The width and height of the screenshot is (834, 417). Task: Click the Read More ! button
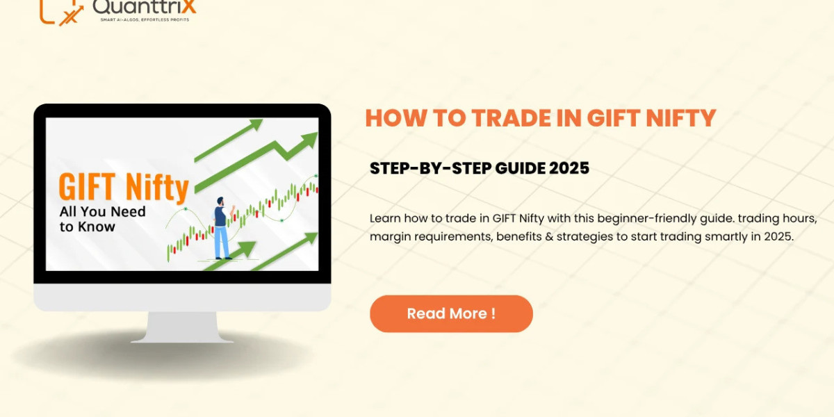[451, 313]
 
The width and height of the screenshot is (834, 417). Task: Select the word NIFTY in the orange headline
[684, 118]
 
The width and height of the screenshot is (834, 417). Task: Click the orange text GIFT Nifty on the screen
[124, 188]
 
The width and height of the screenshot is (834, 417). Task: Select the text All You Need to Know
[102, 218]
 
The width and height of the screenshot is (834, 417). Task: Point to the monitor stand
[182, 327]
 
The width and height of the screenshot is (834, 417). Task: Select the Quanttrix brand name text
[144, 7]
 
